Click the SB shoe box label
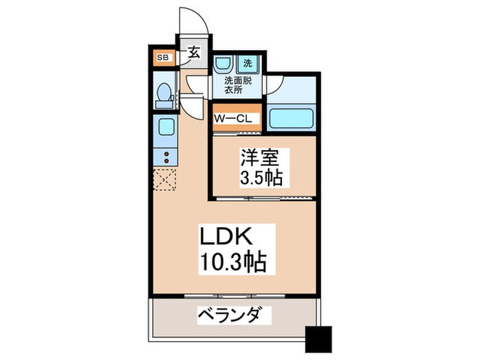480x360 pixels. coord(163,57)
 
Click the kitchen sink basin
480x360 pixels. coord(165,127)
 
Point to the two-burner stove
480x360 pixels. coord(165,156)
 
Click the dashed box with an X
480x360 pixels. coord(165,180)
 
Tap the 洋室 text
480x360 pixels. coord(259,156)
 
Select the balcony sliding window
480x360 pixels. coord(233,296)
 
